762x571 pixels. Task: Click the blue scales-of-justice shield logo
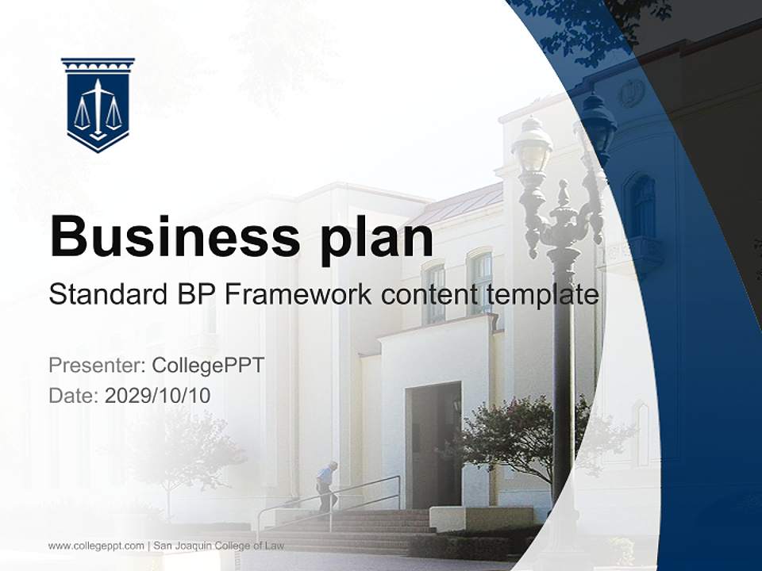98,104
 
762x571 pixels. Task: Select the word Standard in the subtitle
106,295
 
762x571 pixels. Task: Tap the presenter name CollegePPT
208,366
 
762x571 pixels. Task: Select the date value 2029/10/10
158,396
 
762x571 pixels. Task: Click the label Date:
73,396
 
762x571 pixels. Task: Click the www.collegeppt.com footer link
96,546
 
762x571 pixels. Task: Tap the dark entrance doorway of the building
433,444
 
